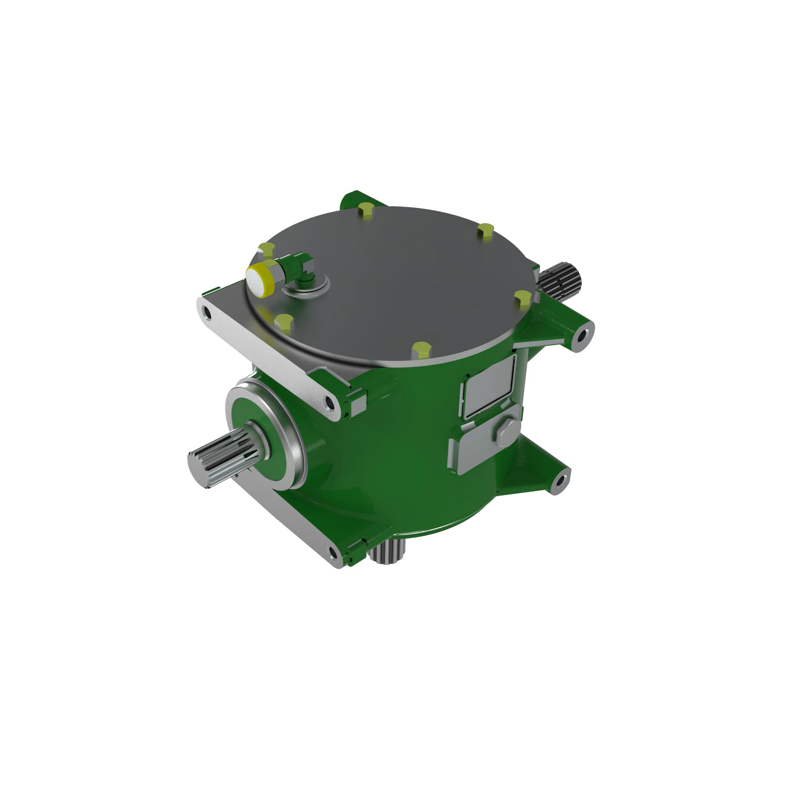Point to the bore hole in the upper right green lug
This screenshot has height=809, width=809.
[x=583, y=337]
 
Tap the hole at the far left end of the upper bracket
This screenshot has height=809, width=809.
[x=206, y=311]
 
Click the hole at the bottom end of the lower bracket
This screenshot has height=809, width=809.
[x=333, y=553]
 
